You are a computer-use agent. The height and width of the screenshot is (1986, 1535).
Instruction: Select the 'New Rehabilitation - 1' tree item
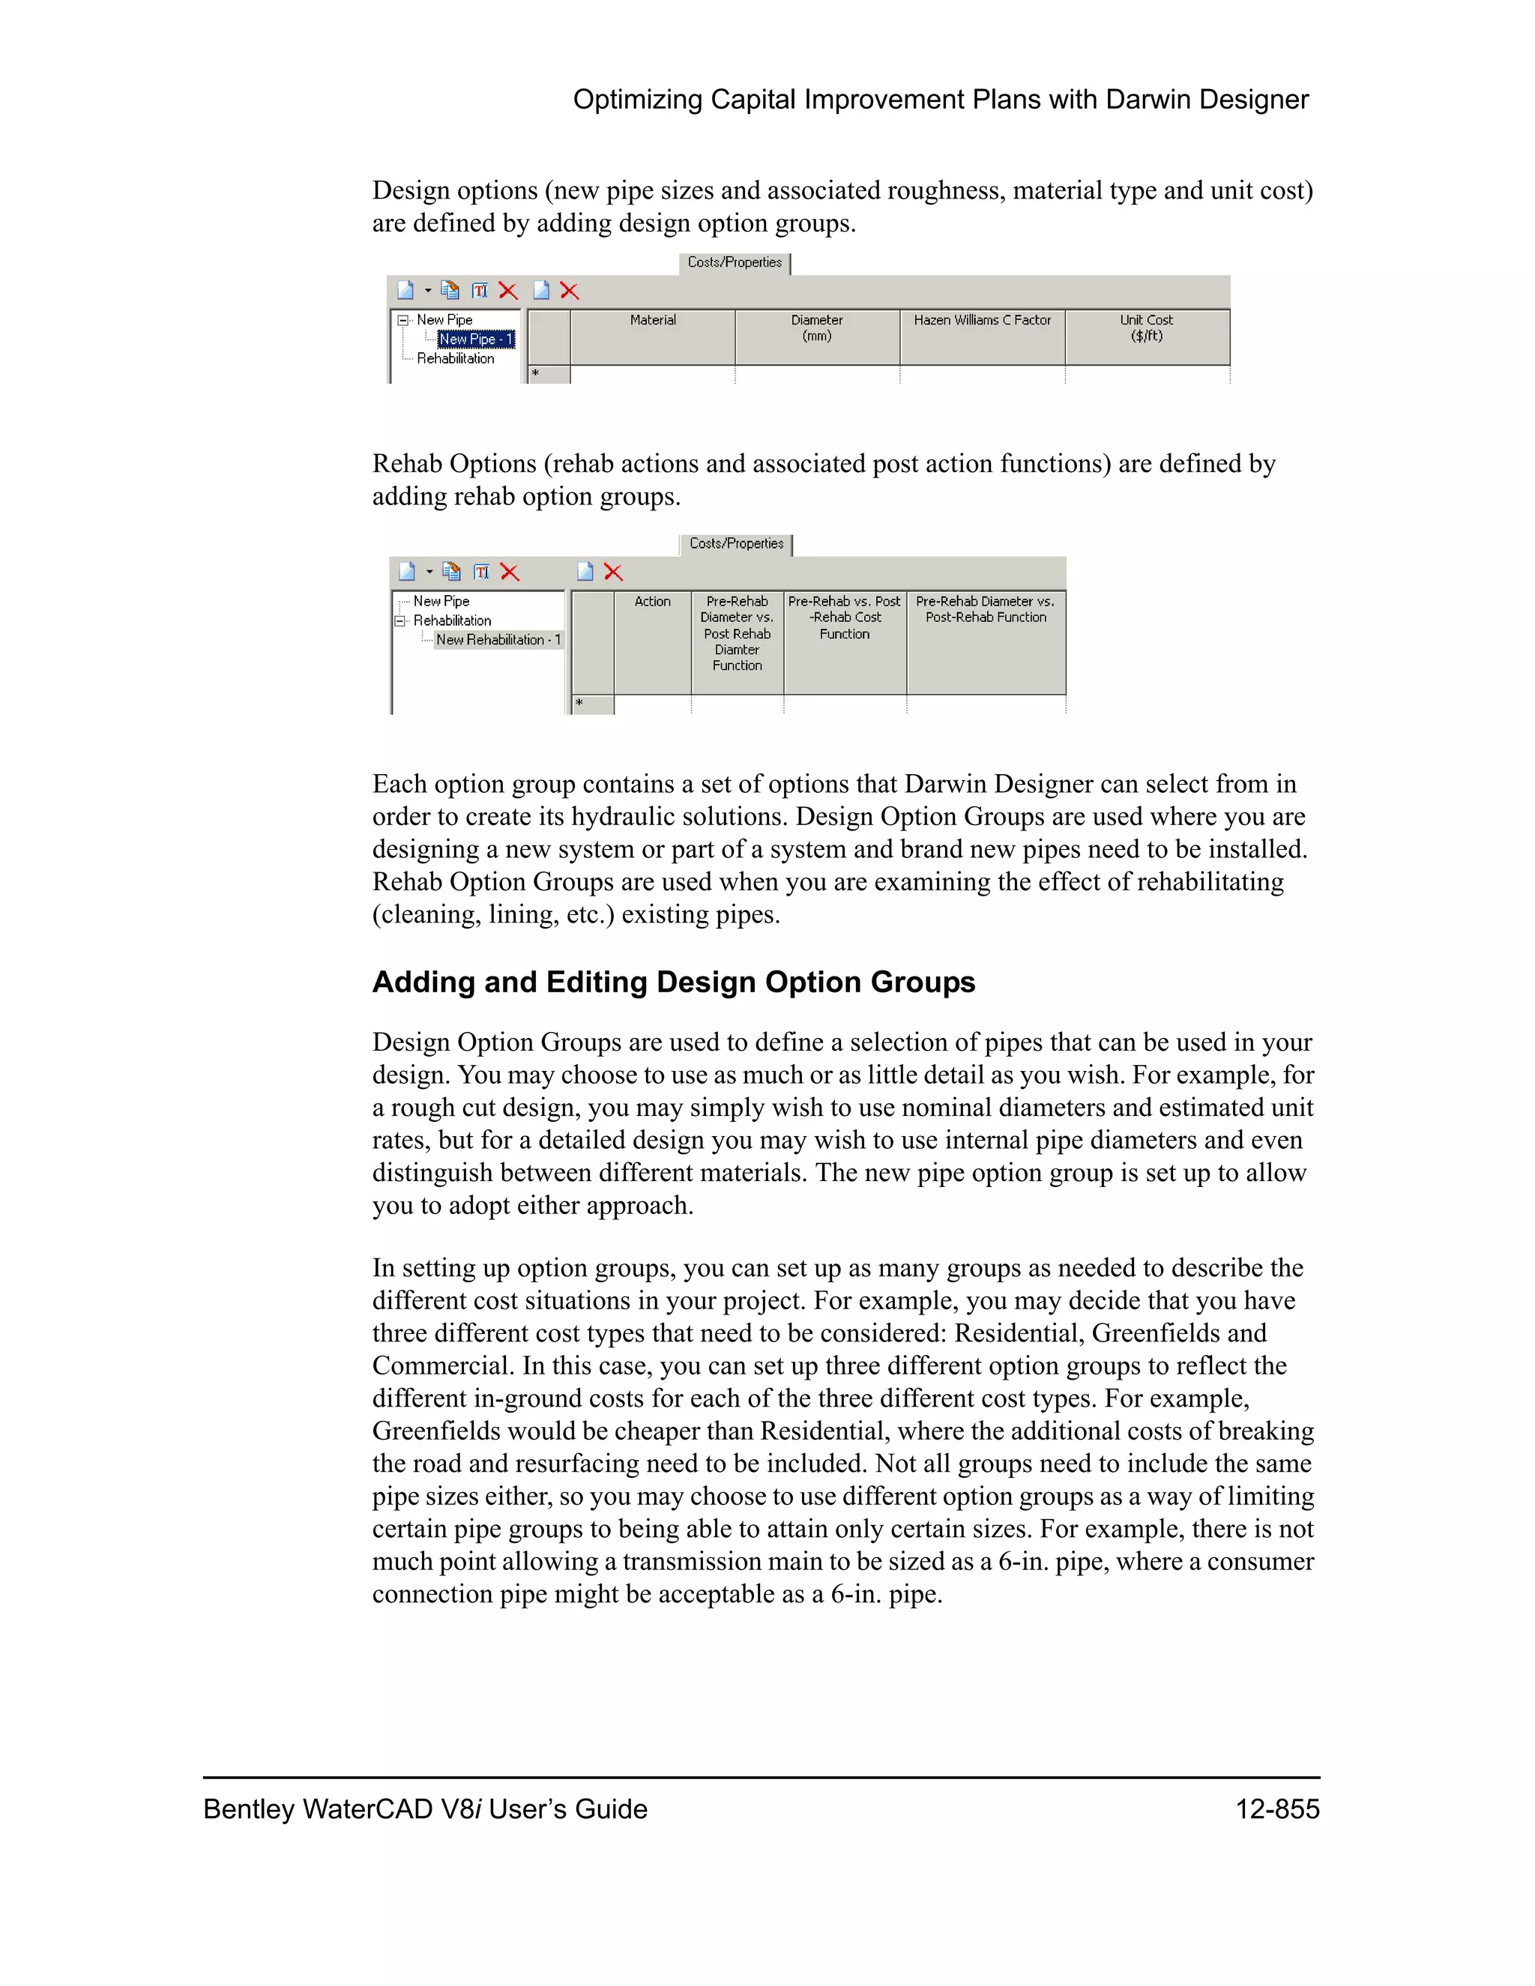(x=498, y=640)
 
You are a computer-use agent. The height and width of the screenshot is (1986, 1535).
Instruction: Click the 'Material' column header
(x=653, y=321)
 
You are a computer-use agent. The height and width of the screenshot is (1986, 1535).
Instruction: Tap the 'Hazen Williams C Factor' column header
(x=982, y=321)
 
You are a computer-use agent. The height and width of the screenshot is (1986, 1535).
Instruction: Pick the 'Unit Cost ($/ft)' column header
(x=1146, y=328)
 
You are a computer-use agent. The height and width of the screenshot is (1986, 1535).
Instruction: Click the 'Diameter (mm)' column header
(x=817, y=328)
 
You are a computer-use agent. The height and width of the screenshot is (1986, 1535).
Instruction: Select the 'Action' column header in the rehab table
(x=652, y=602)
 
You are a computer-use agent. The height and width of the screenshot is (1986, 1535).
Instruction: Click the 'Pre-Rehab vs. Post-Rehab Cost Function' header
(x=845, y=618)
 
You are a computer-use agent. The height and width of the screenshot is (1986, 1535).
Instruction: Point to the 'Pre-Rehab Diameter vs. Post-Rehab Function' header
(x=986, y=609)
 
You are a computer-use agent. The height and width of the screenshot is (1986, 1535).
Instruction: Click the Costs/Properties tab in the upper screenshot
(x=735, y=263)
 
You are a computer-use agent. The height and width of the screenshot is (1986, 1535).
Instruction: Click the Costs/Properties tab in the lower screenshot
(x=737, y=544)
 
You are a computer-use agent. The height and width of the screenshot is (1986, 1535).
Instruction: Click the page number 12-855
(x=1276, y=1810)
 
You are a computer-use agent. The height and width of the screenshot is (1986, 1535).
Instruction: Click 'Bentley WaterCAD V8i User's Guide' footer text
(x=425, y=1810)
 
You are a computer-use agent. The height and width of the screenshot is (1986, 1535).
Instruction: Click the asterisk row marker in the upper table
(x=537, y=374)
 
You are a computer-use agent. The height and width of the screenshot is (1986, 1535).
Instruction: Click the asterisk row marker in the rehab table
(x=580, y=704)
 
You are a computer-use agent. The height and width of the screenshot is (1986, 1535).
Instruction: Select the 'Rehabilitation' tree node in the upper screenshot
(x=456, y=359)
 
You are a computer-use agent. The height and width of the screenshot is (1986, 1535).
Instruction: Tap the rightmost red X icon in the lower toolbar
(x=614, y=572)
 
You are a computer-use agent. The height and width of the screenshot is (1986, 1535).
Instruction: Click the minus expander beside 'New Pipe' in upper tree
(x=402, y=320)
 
